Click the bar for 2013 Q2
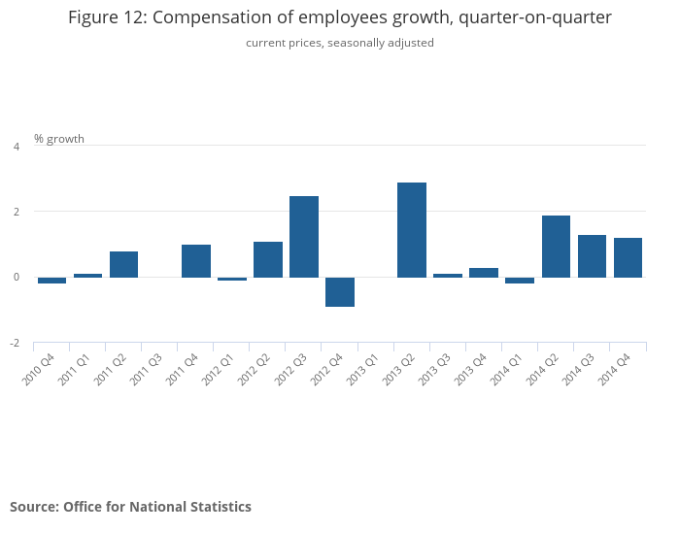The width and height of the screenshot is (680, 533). point(412,230)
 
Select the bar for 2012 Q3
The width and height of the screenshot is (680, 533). point(304,237)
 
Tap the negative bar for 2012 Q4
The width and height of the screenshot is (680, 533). point(340,291)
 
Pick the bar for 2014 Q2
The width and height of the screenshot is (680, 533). point(556,247)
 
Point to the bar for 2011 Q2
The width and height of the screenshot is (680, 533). point(124,264)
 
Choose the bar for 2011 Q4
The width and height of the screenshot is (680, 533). point(196,261)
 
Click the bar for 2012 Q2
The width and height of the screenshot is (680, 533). point(268,259)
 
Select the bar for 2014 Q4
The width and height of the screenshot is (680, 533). point(628,257)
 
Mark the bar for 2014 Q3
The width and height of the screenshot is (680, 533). point(592,256)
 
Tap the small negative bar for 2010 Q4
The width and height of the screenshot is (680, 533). point(52,281)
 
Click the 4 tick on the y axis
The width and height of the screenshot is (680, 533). point(16,147)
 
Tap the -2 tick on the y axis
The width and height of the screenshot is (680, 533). point(15,344)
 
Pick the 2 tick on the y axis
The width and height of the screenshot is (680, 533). point(16,212)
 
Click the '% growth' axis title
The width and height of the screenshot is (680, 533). point(59,139)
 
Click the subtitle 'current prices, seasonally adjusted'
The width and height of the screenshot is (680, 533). point(340,43)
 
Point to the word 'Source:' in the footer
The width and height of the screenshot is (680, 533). point(34,507)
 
